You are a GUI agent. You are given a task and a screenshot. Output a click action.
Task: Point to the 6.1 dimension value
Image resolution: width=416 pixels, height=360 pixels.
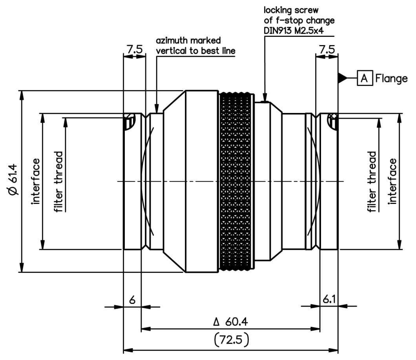click(x=329, y=300)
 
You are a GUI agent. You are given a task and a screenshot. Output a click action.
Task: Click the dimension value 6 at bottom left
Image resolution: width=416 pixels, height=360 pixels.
click(x=132, y=300)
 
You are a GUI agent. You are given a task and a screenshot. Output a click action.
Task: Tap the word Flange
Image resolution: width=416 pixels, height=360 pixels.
click(x=391, y=78)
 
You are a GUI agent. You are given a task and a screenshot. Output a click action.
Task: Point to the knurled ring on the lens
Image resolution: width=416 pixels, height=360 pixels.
click(x=236, y=181)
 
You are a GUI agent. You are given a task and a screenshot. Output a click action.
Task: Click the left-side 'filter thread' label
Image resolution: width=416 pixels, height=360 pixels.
click(x=59, y=182)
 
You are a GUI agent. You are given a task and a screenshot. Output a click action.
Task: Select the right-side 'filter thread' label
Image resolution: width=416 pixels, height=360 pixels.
click(x=372, y=182)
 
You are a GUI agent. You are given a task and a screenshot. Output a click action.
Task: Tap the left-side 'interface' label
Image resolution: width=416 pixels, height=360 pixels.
click(x=36, y=181)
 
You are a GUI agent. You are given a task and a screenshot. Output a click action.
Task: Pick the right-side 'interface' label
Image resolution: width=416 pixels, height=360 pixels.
click(x=393, y=181)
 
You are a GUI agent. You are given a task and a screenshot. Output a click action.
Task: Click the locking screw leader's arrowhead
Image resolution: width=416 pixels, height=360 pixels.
click(x=265, y=98)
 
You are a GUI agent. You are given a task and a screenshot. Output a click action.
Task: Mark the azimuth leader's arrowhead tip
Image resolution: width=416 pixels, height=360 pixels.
click(x=157, y=111)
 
